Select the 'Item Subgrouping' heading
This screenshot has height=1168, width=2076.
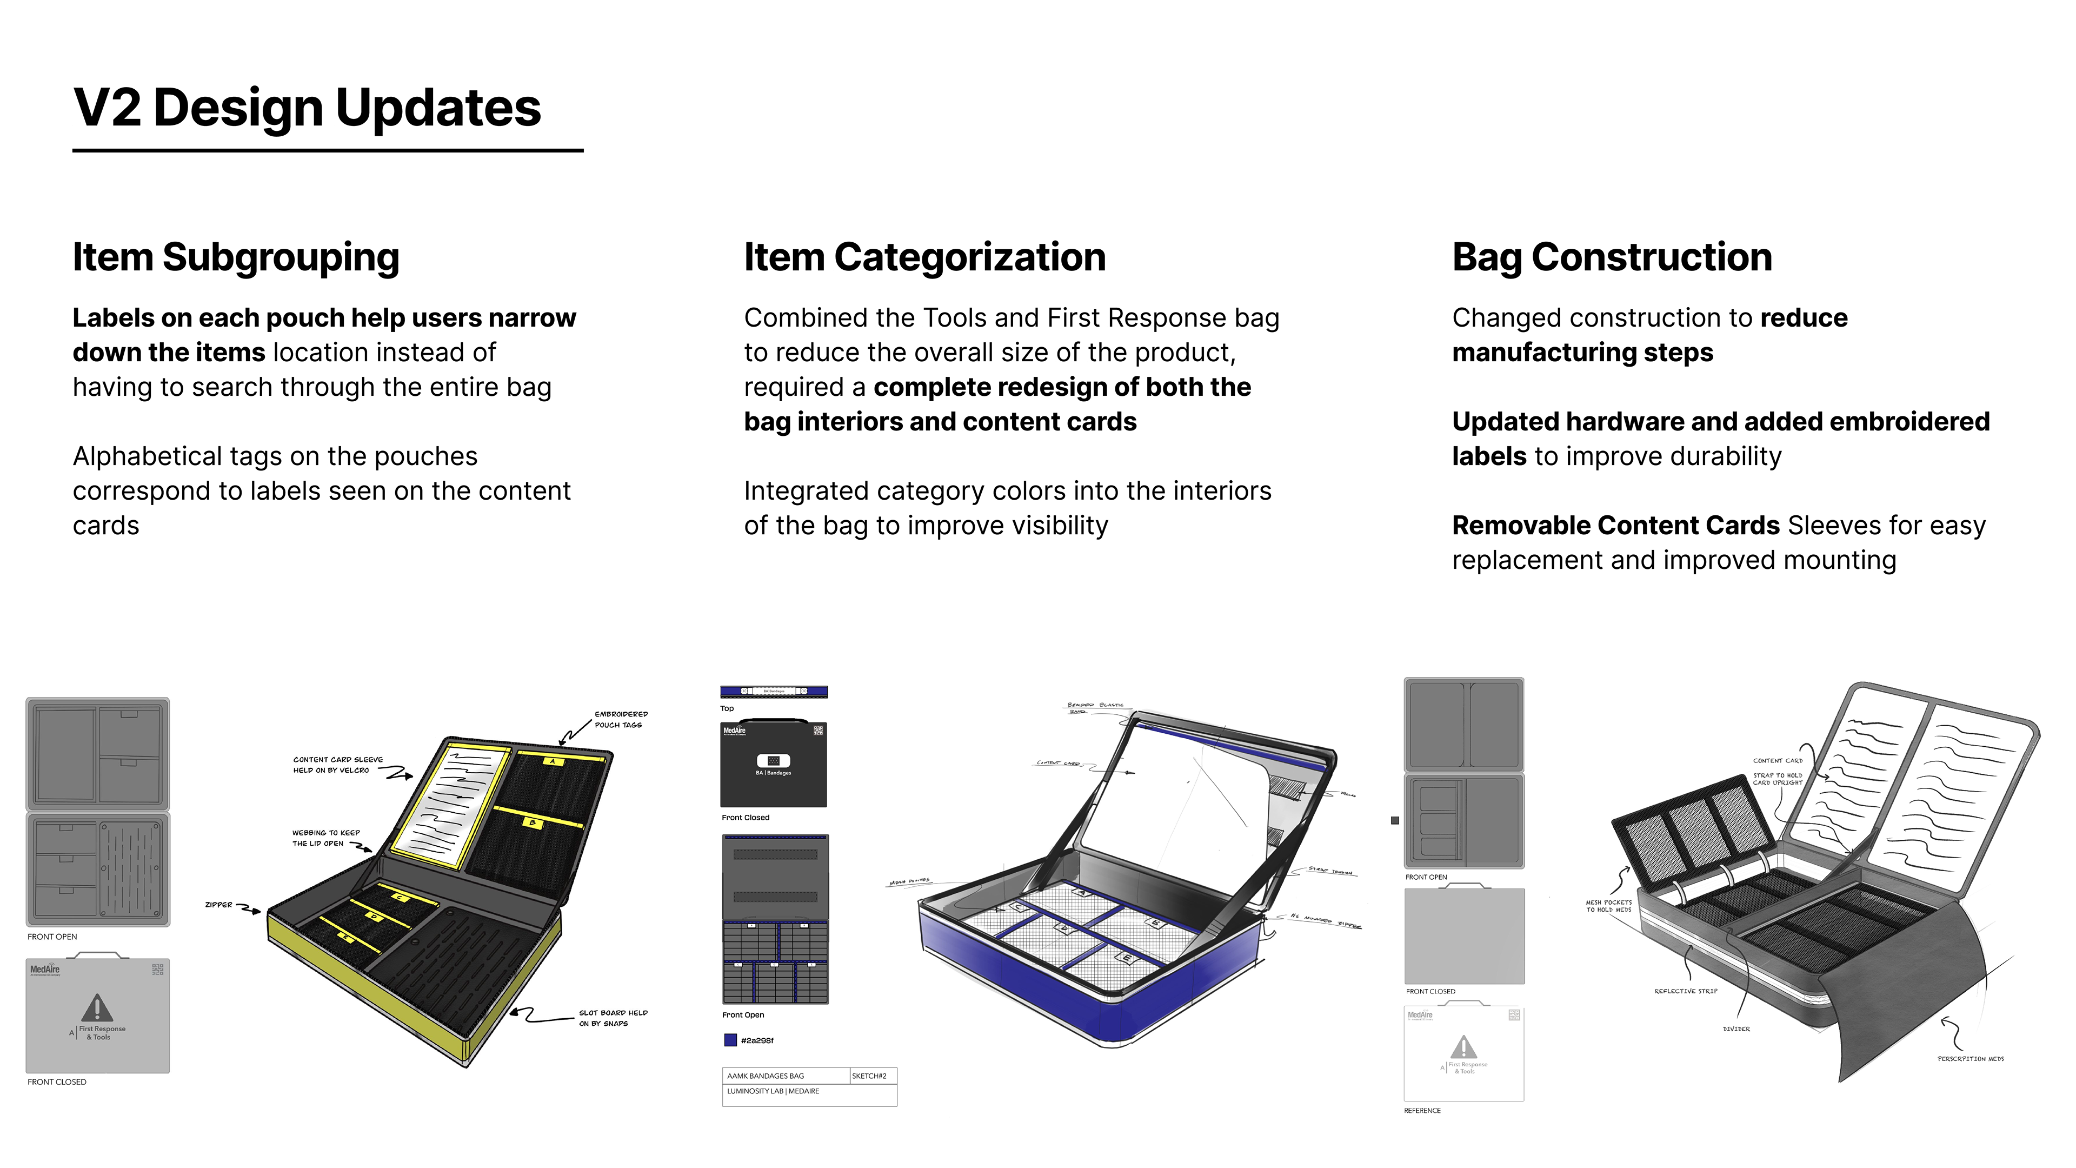(x=235, y=257)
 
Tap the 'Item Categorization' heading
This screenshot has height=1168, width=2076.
(x=924, y=257)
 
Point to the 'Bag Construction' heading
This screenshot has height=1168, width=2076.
(x=1612, y=257)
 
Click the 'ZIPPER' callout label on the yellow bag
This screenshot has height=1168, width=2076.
(x=218, y=905)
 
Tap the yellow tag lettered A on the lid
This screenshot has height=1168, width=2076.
(x=553, y=761)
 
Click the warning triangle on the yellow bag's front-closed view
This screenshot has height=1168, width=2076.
(x=97, y=1007)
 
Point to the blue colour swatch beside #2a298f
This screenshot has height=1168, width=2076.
(x=730, y=1040)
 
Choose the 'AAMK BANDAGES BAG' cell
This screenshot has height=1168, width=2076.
(x=766, y=1076)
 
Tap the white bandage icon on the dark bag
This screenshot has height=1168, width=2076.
(x=773, y=760)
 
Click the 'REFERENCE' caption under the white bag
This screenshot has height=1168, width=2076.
(x=1422, y=1111)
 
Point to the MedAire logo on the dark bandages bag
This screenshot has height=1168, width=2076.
(x=734, y=731)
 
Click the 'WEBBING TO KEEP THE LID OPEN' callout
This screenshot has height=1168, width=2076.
(x=325, y=838)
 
